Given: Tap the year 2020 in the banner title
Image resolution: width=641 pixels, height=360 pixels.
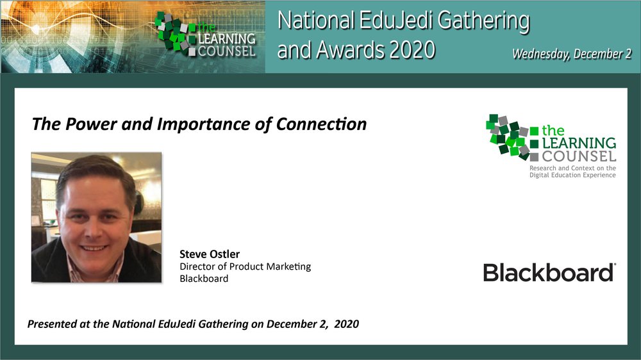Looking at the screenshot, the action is click(412, 50).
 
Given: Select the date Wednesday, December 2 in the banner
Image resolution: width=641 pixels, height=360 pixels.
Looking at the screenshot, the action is click(572, 54).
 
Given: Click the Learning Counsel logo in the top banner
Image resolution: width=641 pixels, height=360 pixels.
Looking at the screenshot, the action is click(206, 35).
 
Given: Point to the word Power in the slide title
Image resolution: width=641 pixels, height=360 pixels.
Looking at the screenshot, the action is click(91, 124).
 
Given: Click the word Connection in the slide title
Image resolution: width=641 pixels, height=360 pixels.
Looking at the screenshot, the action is click(321, 124).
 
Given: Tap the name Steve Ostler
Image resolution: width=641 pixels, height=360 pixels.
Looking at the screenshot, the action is click(210, 254).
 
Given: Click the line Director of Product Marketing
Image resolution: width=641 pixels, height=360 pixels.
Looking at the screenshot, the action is click(246, 267).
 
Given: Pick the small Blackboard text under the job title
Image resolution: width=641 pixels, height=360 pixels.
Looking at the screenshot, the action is click(204, 279).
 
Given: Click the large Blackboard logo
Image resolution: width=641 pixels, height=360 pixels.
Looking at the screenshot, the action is click(549, 272).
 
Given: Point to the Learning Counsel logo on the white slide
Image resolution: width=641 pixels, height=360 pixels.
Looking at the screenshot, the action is click(551, 138).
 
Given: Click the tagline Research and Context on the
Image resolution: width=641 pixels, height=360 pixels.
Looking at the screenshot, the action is click(572, 168).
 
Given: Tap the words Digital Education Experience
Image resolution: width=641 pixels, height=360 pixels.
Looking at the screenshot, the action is click(572, 176).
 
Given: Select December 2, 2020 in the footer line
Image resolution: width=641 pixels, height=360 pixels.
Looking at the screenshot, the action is click(313, 324).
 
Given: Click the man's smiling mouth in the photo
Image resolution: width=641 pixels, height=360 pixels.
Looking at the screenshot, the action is click(94, 248).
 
